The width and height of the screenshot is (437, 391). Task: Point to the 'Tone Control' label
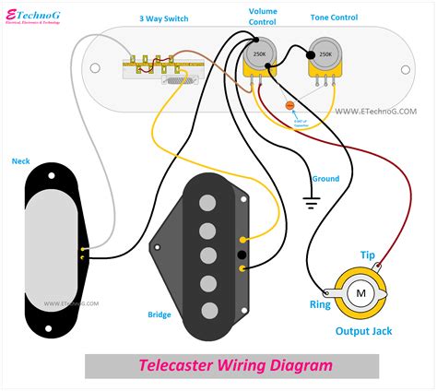[336, 18]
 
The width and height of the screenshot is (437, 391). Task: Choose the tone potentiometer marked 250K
[325, 56]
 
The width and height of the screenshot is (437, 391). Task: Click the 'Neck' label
[20, 160]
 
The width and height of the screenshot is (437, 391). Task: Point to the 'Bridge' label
[159, 314]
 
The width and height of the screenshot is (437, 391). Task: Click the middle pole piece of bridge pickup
[208, 254]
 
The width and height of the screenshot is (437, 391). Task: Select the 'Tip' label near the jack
[366, 255]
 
